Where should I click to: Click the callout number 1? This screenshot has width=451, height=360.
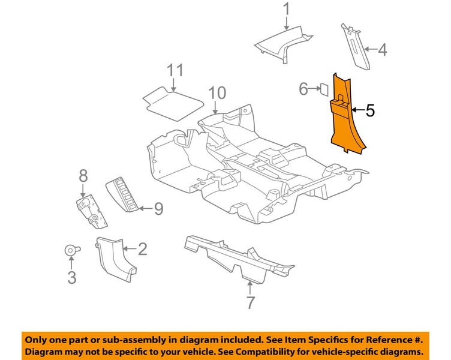[x=287, y=10]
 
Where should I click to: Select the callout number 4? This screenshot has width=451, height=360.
[x=382, y=50]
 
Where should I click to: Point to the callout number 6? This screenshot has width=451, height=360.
[x=304, y=89]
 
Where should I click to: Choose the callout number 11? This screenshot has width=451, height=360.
[x=174, y=71]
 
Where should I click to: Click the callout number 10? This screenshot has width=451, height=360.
[x=217, y=93]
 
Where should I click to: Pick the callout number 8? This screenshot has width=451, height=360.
[x=83, y=175]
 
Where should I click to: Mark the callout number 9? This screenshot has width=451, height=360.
[x=158, y=209]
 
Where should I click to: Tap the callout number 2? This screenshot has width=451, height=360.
[x=142, y=248]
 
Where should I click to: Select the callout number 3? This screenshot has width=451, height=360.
[x=71, y=277]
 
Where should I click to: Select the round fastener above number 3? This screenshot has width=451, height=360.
[x=71, y=250]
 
